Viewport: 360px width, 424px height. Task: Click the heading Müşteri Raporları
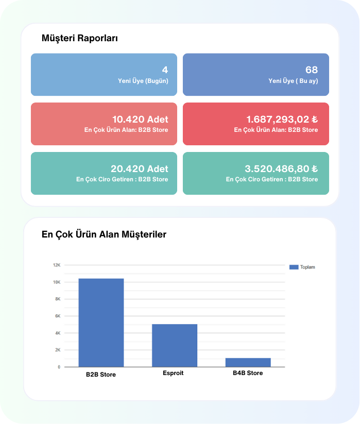[80, 38]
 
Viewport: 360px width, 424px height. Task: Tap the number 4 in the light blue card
[165, 70]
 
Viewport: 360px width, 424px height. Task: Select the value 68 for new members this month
[312, 70]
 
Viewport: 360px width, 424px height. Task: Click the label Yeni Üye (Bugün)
[143, 81]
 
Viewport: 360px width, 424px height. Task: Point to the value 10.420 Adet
[140, 119]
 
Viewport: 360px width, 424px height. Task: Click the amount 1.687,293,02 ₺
[282, 119]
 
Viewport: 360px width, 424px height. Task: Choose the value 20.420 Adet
[139, 168]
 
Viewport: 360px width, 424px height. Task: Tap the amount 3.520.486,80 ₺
[281, 168]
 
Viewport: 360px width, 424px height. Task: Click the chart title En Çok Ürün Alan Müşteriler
[104, 234]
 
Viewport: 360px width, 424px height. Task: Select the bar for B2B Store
[101, 323]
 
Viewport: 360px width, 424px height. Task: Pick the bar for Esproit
[175, 345]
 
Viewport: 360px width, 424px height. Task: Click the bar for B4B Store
[248, 362]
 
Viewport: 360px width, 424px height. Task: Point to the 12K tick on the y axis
[57, 265]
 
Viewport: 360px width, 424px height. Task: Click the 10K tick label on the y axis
[57, 282]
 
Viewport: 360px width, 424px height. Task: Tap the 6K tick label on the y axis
[58, 316]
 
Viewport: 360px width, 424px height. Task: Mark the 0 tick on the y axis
[59, 367]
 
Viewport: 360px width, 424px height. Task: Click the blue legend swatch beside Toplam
[294, 267]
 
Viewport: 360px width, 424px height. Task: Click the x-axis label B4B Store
[248, 373]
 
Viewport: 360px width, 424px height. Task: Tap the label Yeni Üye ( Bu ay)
[293, 81]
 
